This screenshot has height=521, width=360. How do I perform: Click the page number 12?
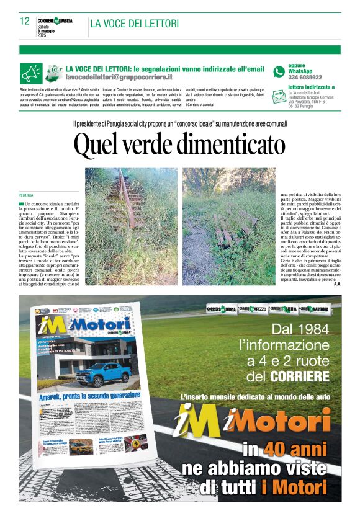(x=25, y=21)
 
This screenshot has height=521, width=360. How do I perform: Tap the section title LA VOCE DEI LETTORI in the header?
(x=135, y=24)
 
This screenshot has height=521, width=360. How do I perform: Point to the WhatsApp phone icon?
(x=279, y=71)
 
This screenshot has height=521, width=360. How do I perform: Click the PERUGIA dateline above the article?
(x=27, y=195)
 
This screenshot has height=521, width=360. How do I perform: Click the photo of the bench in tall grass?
(x=228, y=226)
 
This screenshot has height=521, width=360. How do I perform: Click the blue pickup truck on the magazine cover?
(x=102, y=372)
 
